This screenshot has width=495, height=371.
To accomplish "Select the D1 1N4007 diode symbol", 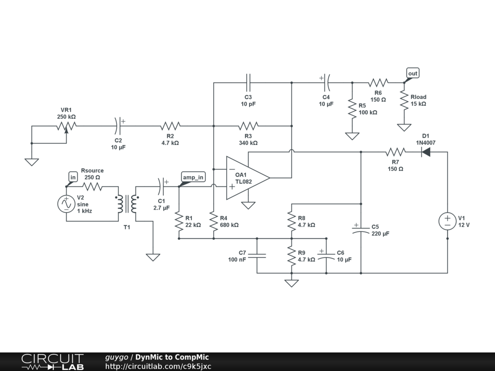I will click(426, 152).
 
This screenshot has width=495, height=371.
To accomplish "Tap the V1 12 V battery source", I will click(447, 221).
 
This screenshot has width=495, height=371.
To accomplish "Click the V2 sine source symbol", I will click(66, 204).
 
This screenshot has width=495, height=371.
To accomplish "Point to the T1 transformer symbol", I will click(127, 204).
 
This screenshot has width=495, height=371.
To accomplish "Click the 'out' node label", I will click(412, 73).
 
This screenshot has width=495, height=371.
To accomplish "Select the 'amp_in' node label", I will click(193, 177).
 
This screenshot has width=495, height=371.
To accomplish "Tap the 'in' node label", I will click(73, 177).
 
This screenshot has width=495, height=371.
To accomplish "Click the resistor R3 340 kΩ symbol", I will click(248, 126).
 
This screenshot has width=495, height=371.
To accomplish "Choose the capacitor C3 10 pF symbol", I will click(248, 83).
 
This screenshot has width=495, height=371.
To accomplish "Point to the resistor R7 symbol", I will click(395, 152).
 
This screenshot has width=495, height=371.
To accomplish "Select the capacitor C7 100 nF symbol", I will click(257, 256).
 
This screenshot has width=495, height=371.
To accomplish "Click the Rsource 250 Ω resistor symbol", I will click(92, 186).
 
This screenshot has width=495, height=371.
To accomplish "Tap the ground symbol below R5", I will click(352, 136).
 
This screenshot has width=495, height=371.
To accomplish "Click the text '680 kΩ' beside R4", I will click(229, 225).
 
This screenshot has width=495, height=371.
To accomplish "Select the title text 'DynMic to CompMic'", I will click(172, 357).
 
